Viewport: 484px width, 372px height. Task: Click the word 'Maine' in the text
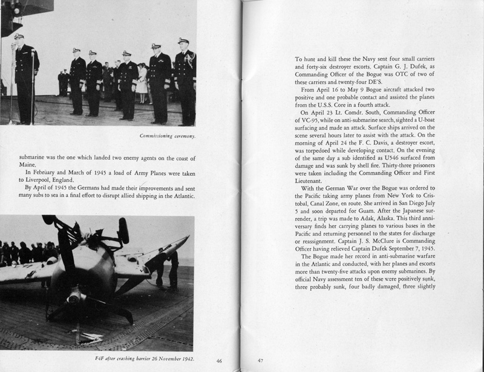[22, 164]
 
